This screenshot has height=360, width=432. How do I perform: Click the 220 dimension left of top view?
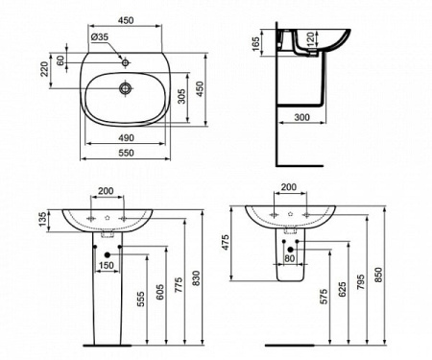tap(44, 68)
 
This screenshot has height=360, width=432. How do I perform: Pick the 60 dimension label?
tap(60, 60)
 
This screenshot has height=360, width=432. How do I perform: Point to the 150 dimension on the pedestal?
tap(108, 264)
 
